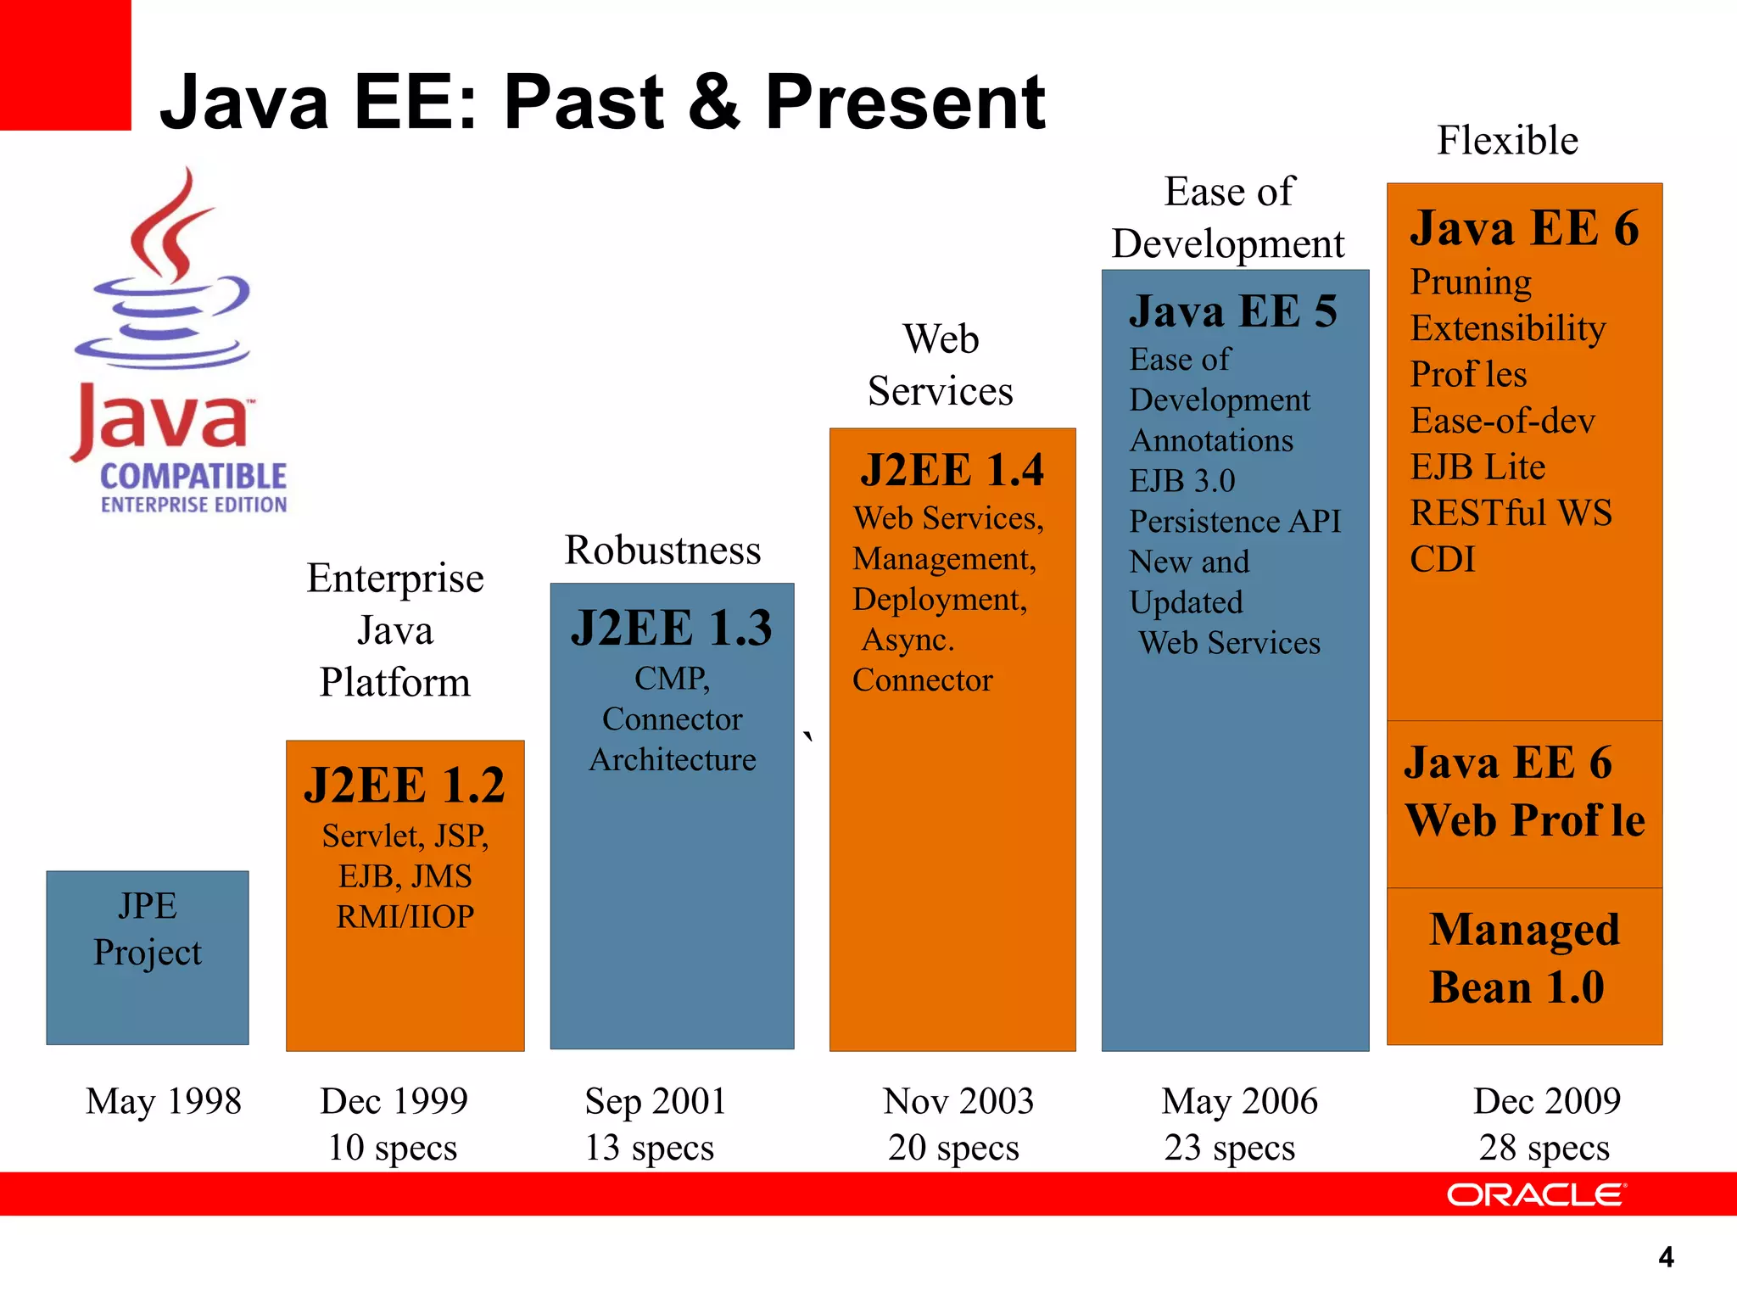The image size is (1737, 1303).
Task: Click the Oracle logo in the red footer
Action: (x=1536, y=1194)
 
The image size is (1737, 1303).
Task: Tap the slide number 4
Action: (x=1666, y=1257)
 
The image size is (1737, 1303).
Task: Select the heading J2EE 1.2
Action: (x=405, y=785)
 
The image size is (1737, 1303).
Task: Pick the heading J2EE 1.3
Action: (x=672, y=629)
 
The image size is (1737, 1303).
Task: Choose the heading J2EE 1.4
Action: (x=952, y=471)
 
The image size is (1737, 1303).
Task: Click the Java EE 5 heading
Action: (x=1233, y=311)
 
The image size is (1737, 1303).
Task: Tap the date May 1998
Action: (x=164, y=1101)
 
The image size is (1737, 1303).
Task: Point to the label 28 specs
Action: (x=1544, y=1148)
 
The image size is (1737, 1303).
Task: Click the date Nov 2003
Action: (x=958, y=1101)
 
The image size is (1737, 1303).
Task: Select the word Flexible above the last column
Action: (x=1507, y=141)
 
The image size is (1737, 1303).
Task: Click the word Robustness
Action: (x=662, y=551)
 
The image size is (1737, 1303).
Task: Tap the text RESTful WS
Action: (x=1511, y=513)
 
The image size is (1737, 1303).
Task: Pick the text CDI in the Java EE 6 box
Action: (x=1442, y=560)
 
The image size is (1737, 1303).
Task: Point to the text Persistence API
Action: (x=1235, y=522)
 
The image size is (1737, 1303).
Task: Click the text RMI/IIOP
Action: (x=405, y=917)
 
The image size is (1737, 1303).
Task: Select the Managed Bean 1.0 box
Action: (x=1524, y=965)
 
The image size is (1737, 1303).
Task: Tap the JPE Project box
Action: (x=148, y=957)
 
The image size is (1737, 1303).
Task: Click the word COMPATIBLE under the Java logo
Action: (x=193, y=477)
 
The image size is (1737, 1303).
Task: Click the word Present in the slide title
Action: (x=905, y=103)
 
